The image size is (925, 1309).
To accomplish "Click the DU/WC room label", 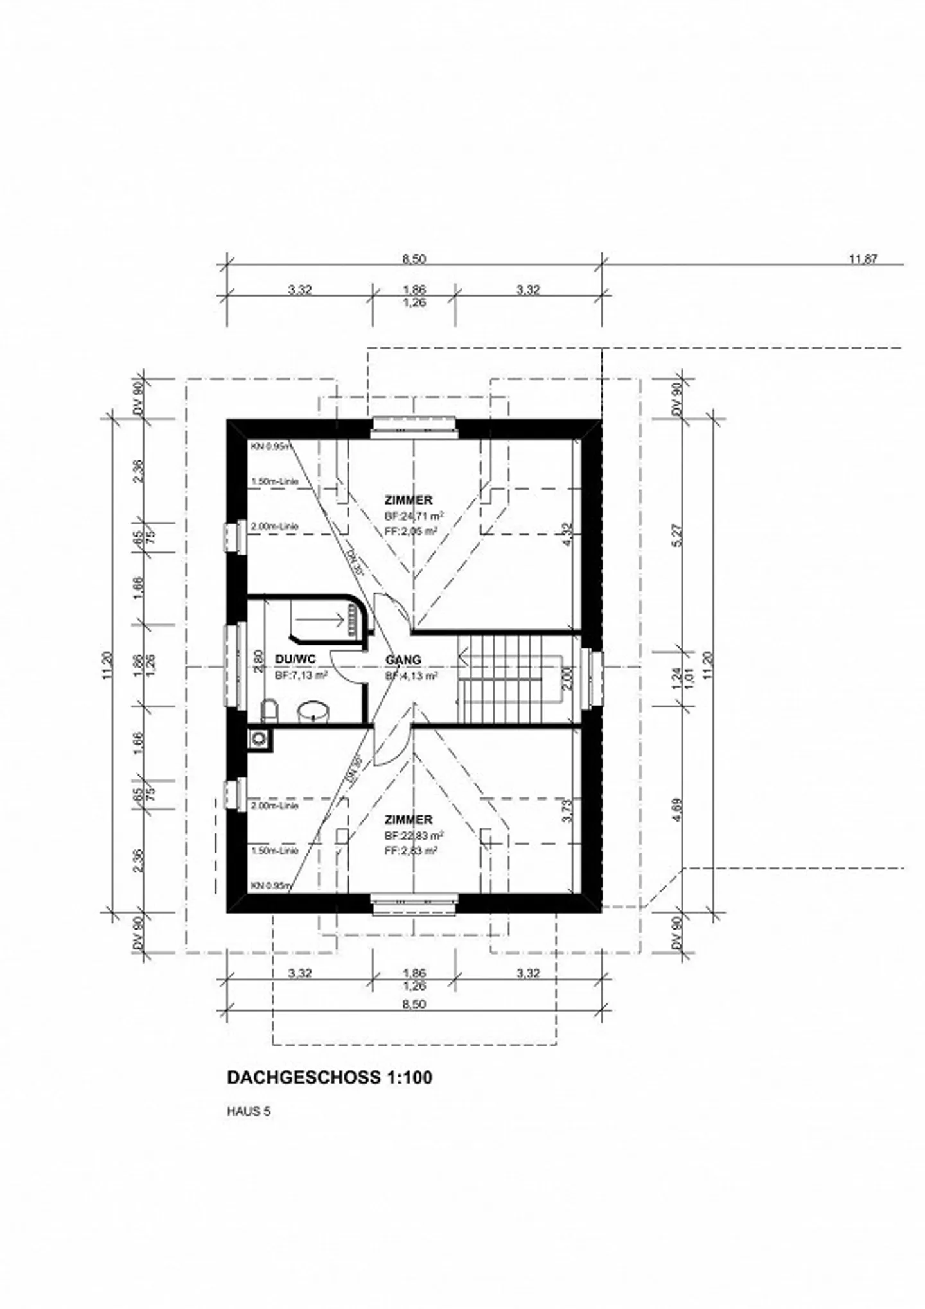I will [x=295, y=659].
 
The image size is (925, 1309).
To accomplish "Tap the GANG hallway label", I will [x=403, y=660].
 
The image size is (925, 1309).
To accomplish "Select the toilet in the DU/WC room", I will [x=269, y=711].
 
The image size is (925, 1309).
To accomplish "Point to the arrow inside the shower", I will [x=321, y=620].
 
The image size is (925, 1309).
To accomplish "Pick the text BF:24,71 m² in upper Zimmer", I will [x=414, y=516].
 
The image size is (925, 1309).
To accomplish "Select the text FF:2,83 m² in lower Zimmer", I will [x=411, y=850].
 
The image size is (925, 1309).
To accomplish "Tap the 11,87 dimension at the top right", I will [x=863, y=259].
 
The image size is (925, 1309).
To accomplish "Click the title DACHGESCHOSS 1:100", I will [x=330, y=1077].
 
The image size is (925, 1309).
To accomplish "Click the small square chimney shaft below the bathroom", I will [x=258, y=738].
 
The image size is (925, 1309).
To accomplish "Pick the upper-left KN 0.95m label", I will [x=270, y=446].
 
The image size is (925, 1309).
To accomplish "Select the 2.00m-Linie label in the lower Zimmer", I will [x=275, y=805].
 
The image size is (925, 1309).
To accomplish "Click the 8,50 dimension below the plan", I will [x=414, y=1004].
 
